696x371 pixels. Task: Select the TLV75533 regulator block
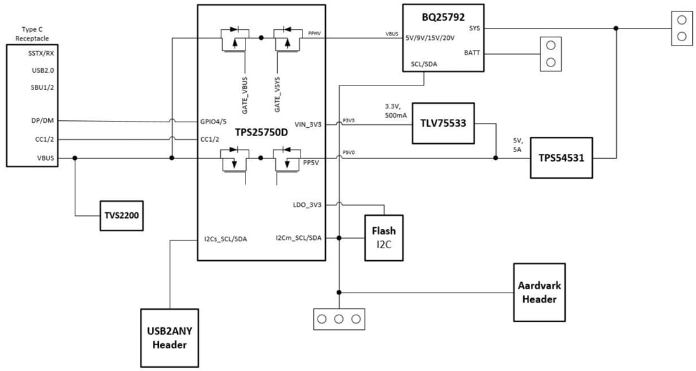click(x=442, y=123)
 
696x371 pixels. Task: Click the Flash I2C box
click(x=383, y=237)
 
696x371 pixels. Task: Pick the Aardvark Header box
click(x=539, y=292)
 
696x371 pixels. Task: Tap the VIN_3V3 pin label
click(x=308, y=125)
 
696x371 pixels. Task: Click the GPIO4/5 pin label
click(x=213, y=121)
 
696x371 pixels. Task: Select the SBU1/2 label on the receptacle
click(x=42, y=87)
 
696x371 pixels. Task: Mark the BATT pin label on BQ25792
click(x=471, y=53)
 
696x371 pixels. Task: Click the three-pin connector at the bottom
click(x=339, y=319)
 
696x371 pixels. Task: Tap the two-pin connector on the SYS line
click(x=681, y=28)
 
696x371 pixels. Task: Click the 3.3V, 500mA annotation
click(x=396, y=111)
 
